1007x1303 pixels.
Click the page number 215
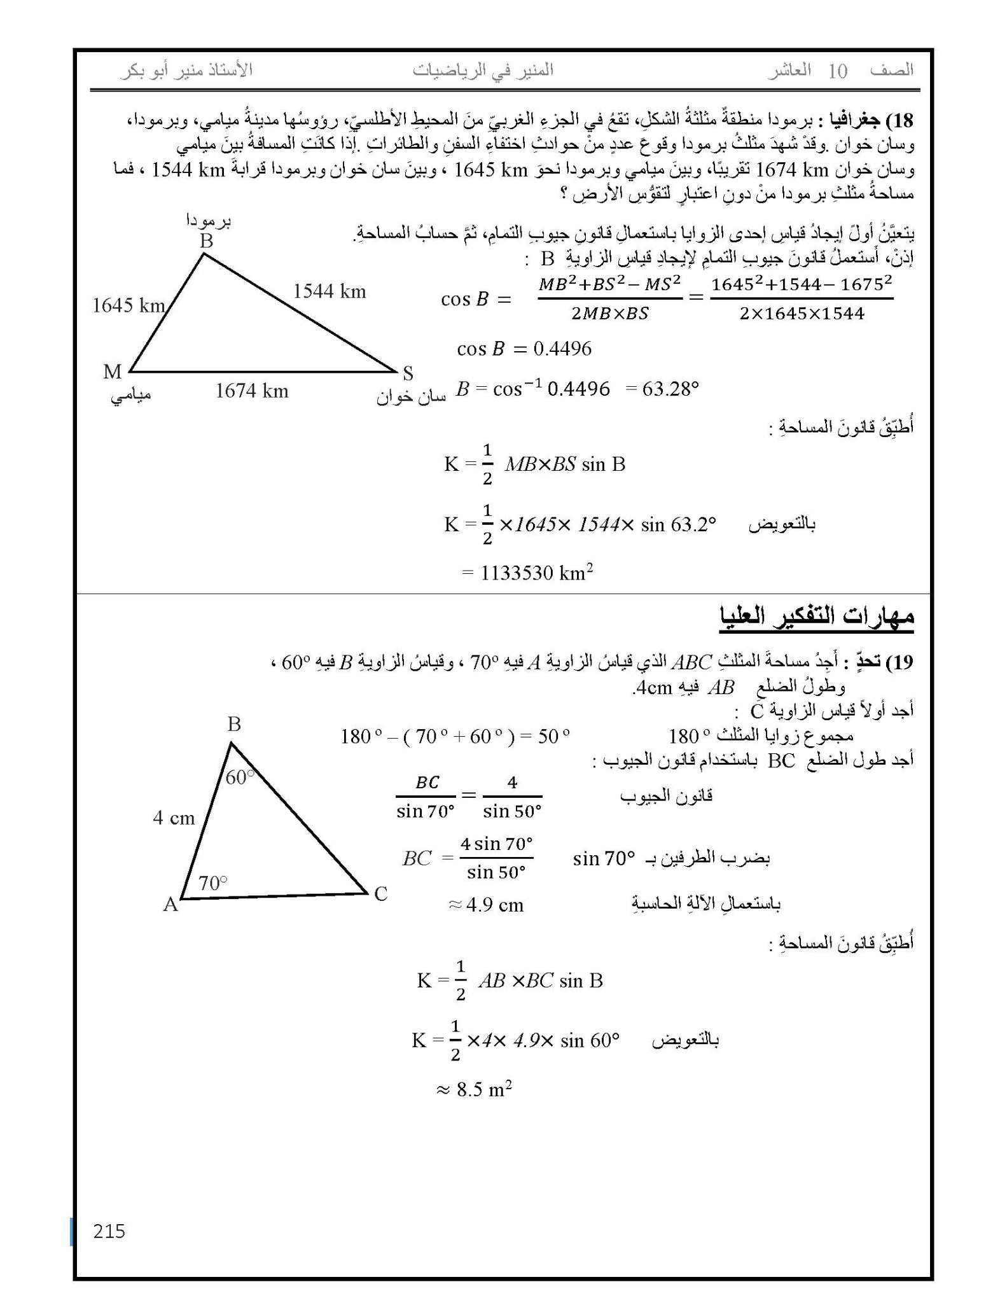pos(109,1231)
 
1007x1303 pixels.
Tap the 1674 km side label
pos(252,391)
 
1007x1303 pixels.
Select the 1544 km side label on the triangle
pos(330,291)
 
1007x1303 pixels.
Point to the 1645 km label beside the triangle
pos(128,306)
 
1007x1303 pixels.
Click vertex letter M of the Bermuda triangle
pos(112,372)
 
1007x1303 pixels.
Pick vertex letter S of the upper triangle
pos(408,373)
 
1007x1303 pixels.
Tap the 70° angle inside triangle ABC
pos(212,882)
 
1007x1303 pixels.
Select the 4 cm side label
pos(174,818)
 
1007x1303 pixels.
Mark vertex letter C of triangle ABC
pos(380,894)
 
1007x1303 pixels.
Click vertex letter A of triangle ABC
pos(170,904)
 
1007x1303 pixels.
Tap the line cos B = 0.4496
pos(524,349)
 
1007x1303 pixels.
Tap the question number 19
pos(899,662)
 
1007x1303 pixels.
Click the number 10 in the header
pos(838,71)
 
